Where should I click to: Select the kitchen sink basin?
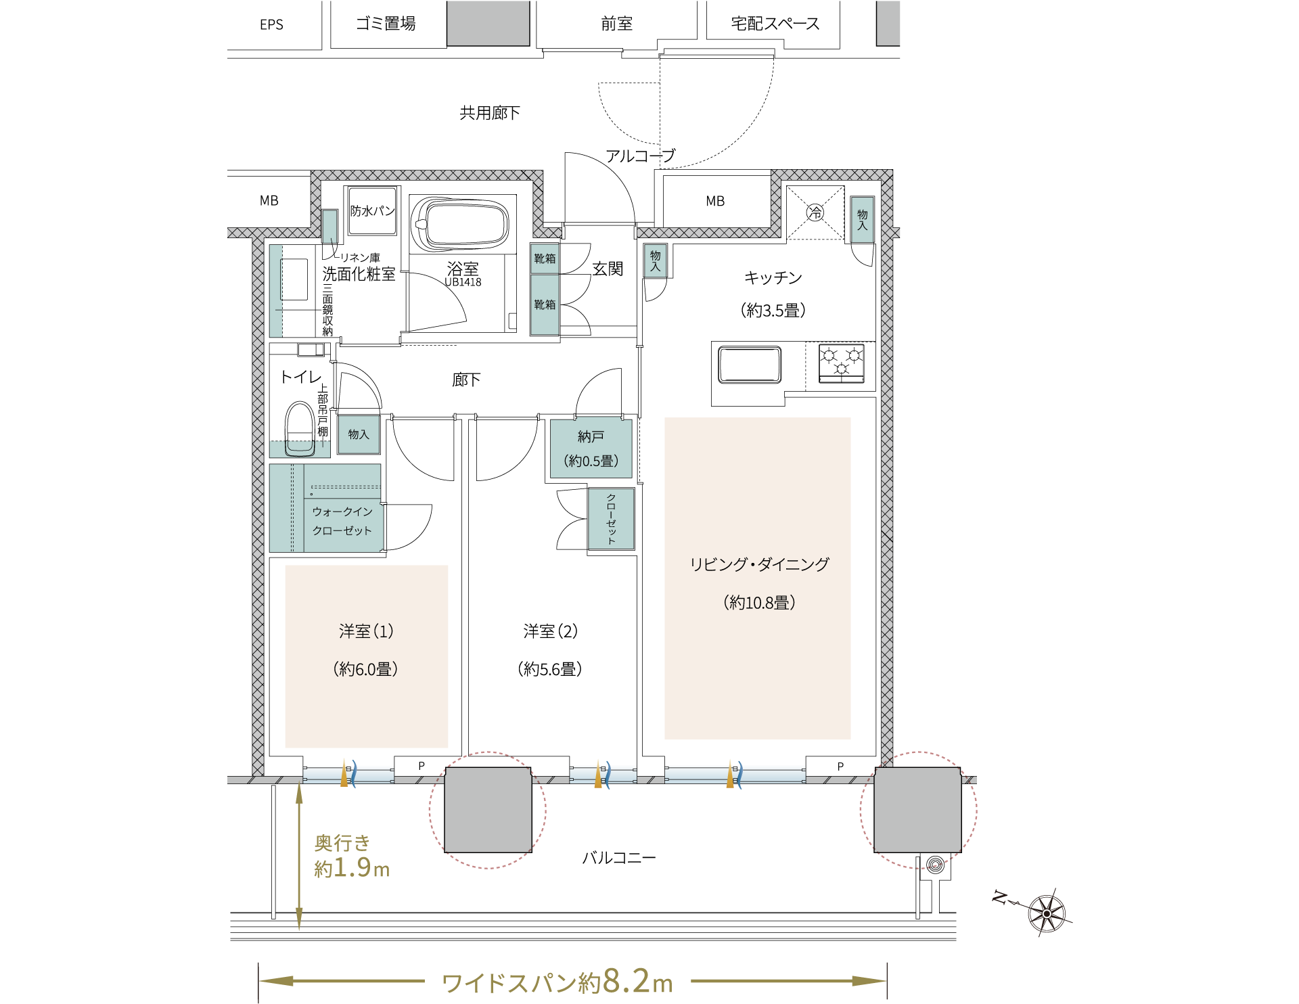point(750,364)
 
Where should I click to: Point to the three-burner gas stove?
point(841,363)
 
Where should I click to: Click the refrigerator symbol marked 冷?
point(815,212)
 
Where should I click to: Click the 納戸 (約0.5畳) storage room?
point(591,449)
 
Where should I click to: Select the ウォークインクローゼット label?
point(342,521)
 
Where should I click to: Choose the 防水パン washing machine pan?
point(372,211)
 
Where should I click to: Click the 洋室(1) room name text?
point(366,631)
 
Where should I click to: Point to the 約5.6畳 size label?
point(550,669)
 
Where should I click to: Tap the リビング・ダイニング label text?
point(759,564)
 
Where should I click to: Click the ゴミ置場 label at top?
point(386,24)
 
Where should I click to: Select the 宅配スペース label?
point(775,24)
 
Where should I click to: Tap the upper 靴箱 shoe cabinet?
point(545,258)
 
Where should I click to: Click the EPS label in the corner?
point(271,24)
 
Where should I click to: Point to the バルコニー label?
point(619,858)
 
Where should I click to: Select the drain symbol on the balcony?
point(935,865)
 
